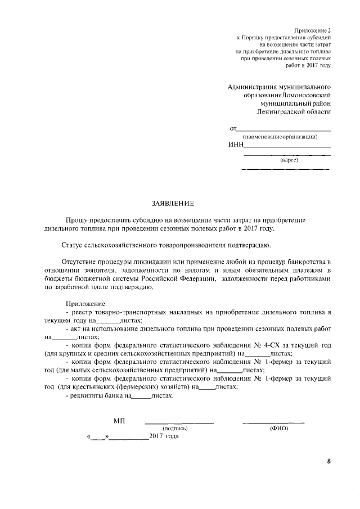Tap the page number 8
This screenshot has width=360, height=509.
click(x=329, y=462)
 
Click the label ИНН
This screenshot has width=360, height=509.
click(x=236, y=144)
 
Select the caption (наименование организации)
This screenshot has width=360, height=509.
click(x=280, y=137)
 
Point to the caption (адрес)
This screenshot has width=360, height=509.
click(x=289, y=160)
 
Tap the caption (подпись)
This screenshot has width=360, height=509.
click(x=179, y=429)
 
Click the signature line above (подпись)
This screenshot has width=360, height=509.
click(x=179, y=422)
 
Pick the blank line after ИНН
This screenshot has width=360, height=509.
click(x=287, y=146)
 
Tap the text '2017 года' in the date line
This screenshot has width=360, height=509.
click(x=164, y=437)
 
